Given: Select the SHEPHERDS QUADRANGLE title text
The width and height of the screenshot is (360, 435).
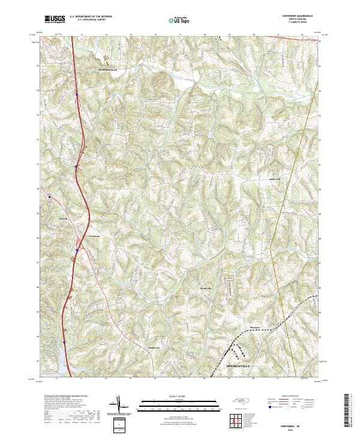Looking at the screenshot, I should (x=297, y=16).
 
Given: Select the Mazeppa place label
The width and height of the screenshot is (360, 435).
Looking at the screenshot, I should (x=257, y=327).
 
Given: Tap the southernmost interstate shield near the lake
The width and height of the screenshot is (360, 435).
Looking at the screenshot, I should (x=64, y=343).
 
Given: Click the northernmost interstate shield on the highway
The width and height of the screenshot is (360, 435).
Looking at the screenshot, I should (x=77, y=94).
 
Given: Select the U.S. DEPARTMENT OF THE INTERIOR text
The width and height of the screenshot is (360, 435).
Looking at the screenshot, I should (x=91, y=16).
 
